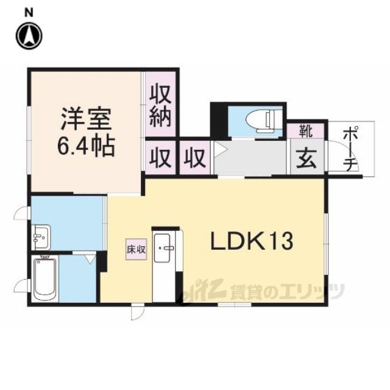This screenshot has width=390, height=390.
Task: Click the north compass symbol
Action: [29, 36]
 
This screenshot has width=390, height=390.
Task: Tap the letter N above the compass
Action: [29, 12]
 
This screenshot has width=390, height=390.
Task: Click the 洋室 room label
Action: [86, 119]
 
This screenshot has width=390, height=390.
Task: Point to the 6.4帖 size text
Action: [86, 146]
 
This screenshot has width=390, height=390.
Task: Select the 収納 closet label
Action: [160, 105]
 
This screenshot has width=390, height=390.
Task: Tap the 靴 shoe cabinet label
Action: [306, 131]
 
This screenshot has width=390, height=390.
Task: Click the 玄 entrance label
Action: [307, 159]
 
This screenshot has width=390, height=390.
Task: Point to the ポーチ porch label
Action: [351, 149]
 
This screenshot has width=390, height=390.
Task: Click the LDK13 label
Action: [252, 241]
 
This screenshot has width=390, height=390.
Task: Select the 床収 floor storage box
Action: [136, 249]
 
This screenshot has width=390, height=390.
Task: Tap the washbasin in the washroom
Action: [41, 237]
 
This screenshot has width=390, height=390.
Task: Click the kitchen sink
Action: [162, 248]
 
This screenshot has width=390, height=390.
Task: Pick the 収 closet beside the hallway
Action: [195, 158]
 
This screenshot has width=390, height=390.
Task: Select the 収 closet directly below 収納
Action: [160, 158]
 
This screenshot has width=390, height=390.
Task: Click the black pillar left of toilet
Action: [219, 121]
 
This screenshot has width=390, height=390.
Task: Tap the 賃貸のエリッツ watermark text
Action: [288, 291]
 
